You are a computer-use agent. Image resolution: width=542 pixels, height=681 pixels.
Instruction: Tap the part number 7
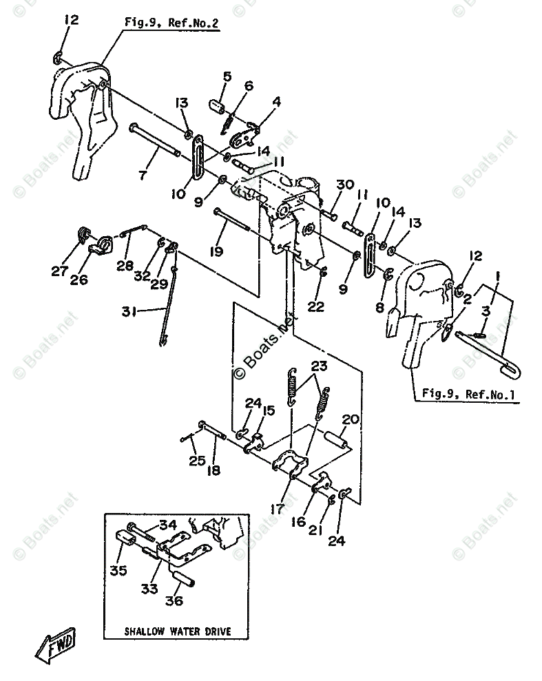coord(142,175)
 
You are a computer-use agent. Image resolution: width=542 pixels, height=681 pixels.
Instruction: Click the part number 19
coord(217,251)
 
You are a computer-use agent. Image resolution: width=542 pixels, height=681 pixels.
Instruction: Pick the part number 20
coord(351,419)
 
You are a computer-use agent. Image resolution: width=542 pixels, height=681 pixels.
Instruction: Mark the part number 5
coord(227,76)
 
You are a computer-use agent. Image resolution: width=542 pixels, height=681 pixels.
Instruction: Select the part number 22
coord(315,307)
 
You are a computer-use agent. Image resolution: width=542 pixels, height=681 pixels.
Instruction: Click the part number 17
coord(278,510)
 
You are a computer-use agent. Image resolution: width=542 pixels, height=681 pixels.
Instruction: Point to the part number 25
coord(197,460)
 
